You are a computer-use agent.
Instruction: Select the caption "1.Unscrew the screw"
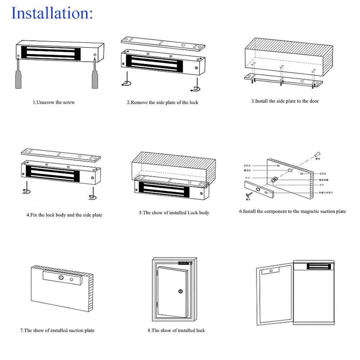tap(54, 102)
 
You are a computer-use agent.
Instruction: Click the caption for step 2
tap(162, 102)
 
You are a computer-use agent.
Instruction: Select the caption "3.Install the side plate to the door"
tap(285, 101)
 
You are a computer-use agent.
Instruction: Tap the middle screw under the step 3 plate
tap(282, 84)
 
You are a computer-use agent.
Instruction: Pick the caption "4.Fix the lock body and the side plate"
tap(64, 215)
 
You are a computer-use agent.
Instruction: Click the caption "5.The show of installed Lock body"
tap(174, 213)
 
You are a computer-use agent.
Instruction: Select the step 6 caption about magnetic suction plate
tap(293, 211)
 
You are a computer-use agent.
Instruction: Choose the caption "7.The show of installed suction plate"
tap(57, 330)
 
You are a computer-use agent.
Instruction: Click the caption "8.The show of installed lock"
tap(176, 330)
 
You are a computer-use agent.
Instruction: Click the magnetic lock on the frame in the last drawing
tap(319, 267)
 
